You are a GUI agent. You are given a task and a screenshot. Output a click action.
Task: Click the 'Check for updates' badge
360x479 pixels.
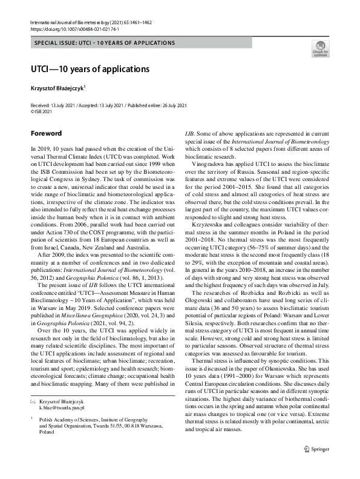[x=320, y=49]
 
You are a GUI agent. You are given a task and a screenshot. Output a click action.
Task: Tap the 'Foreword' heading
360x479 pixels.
[x=46, y=132]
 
